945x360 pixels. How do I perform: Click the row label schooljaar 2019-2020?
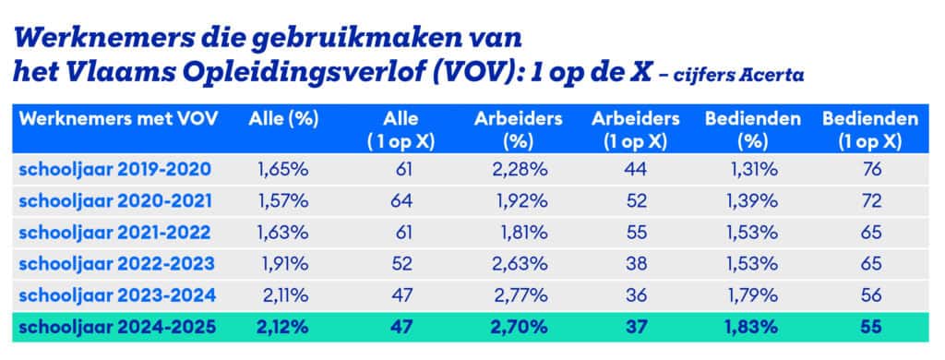click(114, 169)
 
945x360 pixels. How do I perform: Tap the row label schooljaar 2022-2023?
click(115, 263)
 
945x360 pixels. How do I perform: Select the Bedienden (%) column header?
click(744, 129)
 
